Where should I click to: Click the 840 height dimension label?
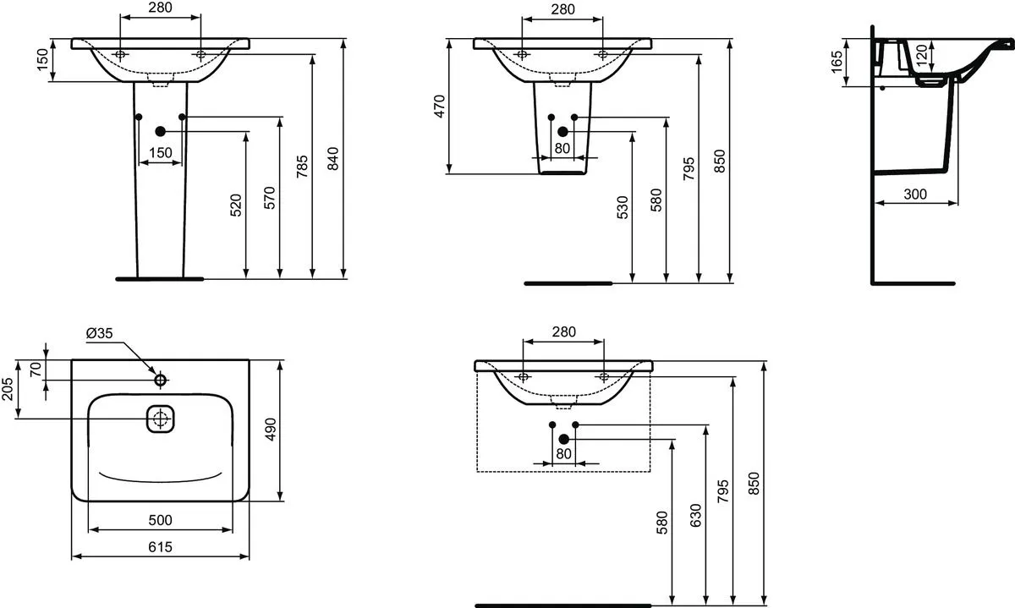click(x=333, y=159)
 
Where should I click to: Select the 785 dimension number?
click(x=302, y=167)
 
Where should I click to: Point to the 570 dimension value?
click(x=269, y=198)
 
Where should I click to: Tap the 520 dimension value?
click(x=236, y=205)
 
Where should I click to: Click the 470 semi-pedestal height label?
click(x=440, y=106)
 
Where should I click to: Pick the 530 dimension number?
click(x=623, y=207)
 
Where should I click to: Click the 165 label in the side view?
click(x=837, y=61)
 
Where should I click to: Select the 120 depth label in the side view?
click(x=922, y=55)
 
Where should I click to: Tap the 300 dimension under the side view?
click(x=915, y=194)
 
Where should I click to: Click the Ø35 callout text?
click(x=99, y=333)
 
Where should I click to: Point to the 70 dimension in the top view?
click(x=36, y=370)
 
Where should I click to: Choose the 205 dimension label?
click(x=8, y=389)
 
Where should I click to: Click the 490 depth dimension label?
click(x=271, y=429)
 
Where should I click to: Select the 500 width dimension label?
click(x=161, y=520)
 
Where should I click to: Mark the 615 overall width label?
click(x=161, y=547)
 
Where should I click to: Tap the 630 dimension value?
click(x=695, y=515)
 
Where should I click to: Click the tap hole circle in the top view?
click(x=161, y=381)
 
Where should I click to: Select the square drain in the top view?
click(x=161, y=419)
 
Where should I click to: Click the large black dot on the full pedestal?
click(x=161, y=131)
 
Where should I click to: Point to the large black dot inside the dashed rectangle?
click(x=563, y=439)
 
